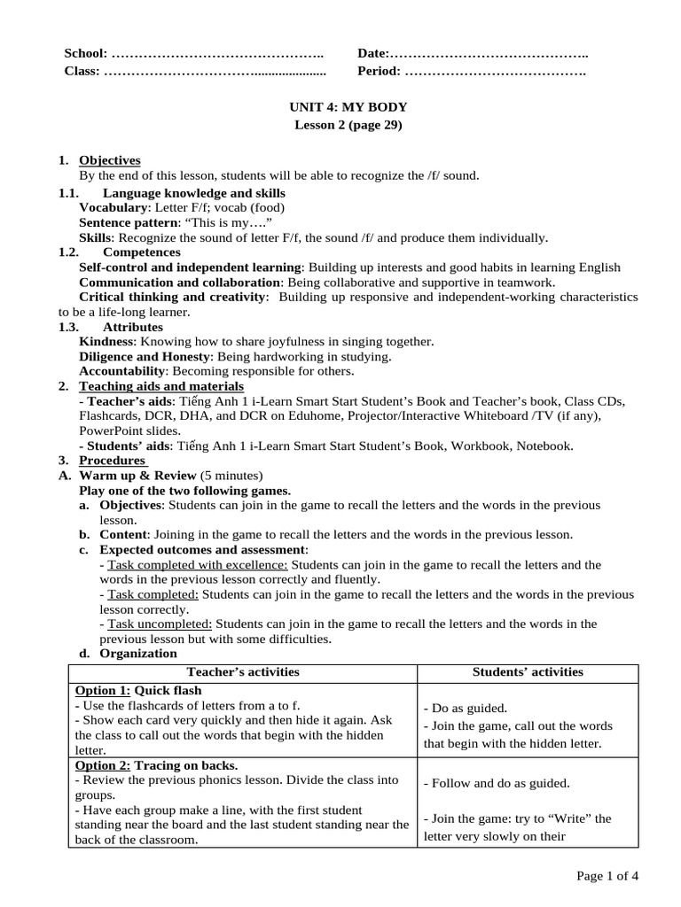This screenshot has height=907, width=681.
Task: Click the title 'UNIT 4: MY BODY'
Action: coord(348,107)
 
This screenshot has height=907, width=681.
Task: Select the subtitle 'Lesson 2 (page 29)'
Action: coord(348,125)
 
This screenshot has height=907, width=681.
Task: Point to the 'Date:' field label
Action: coord(373,54)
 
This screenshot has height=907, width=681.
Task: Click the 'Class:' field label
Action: coord(82,71)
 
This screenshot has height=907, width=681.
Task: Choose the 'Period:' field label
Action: coord(379,71)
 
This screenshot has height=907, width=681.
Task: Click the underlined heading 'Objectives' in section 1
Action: coord(110,160)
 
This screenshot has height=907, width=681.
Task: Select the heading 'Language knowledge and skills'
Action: coord(194,192)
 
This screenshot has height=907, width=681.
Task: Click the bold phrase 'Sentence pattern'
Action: coord(128,222)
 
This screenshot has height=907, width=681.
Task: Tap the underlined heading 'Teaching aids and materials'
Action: coord(161,386)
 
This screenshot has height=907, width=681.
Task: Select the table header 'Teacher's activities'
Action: coord(242,671)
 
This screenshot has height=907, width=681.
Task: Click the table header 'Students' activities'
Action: coord(528,671)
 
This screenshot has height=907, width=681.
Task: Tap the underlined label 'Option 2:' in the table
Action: coord(103,764)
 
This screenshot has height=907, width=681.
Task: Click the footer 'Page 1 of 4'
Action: coord(607,876)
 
